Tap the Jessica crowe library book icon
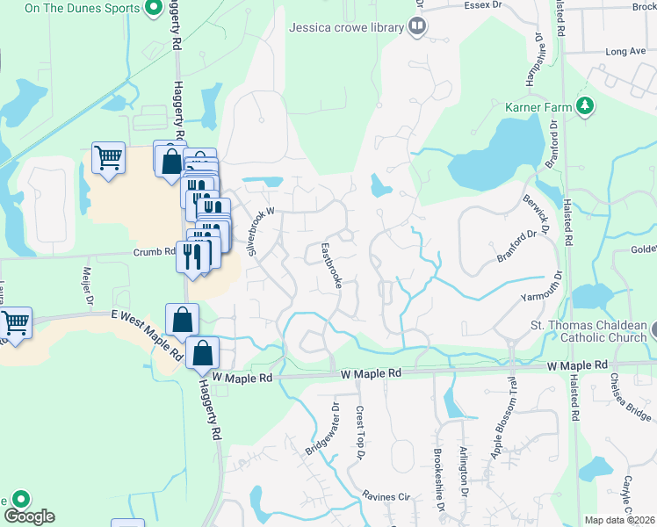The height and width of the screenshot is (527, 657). [416, 26]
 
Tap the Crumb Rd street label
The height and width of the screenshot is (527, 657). [155, 250]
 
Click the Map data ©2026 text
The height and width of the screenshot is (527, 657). [619, 520]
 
